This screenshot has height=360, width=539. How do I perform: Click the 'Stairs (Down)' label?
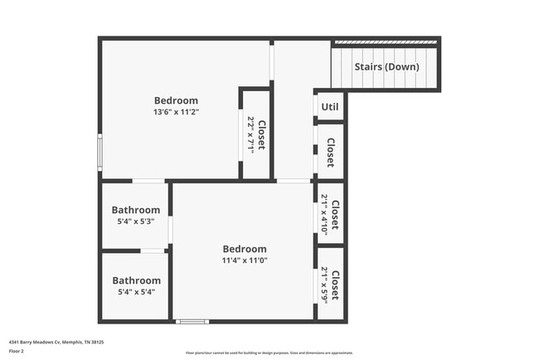pyautogui.click(x=386, y=66)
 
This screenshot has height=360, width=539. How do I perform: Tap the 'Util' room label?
pyautogui.click(x=330, y=106)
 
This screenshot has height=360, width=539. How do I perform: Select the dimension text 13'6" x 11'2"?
pyautogui.click(x=176, y=112)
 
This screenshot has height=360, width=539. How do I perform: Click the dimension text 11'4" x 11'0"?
pyautogui.click(x=245, y=260)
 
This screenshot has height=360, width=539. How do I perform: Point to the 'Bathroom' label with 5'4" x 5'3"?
pyautogui.click(x=136, y=211)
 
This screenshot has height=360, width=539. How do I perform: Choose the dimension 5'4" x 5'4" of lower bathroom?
pyautogui.click(x=136, y=292)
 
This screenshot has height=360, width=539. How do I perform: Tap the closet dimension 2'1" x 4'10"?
pyautogui.click(x=324, y=214)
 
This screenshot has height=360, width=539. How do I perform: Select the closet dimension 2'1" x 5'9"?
pyautogui.click(x=324, y=285)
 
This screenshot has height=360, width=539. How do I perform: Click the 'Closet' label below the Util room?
pyautogui.click(x=330, y=152)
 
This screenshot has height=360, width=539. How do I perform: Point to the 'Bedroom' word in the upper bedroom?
pyautogui.click(x=176, y=100)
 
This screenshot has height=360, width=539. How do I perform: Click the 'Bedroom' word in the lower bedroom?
pyautogui.click(x=245, y=249)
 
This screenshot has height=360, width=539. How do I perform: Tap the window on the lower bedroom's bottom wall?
pyautogui.click(x=192, y=321)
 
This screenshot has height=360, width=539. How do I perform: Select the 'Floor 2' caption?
pyautogui.click(x=17, y=351)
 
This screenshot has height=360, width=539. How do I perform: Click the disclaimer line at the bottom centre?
pyautogui.click(x=269, y=352)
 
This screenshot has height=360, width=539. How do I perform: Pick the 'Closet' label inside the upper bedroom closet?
pyautogui.click(x=261, y=134)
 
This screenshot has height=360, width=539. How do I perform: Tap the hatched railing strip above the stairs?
pyautogui.click(x=385, y=41)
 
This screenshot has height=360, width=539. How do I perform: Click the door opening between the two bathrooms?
pyautogui.click(x=153, y=251)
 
